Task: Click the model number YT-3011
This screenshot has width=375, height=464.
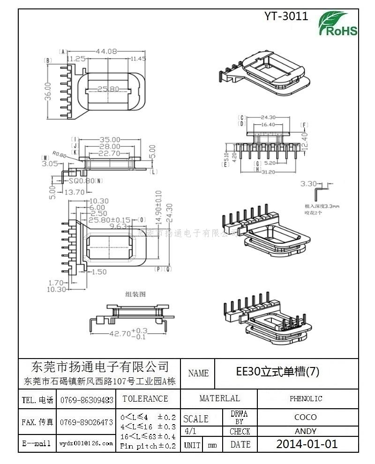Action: click(x=286, y=16)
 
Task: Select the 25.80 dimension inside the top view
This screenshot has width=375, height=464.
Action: click(x=108, y=89)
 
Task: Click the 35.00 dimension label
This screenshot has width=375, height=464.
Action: click(x=110, y=140)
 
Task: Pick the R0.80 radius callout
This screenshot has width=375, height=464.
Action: click(x=60, y=154)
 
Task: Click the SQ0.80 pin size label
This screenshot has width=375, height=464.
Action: click(x=81, y=180)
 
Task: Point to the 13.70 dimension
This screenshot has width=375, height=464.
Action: click(x=75, y=192)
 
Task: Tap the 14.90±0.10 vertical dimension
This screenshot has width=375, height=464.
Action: click(x=158, y=207)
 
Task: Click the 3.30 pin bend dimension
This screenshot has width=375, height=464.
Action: click(x=309, y=184)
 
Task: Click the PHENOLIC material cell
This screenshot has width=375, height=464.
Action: click(x=306, y=399)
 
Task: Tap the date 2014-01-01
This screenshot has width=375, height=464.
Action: click(x=307, y=444)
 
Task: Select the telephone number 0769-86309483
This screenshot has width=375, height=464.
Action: click(x=87, y=400)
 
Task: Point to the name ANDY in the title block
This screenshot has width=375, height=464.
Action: click(x=306, y=431)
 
